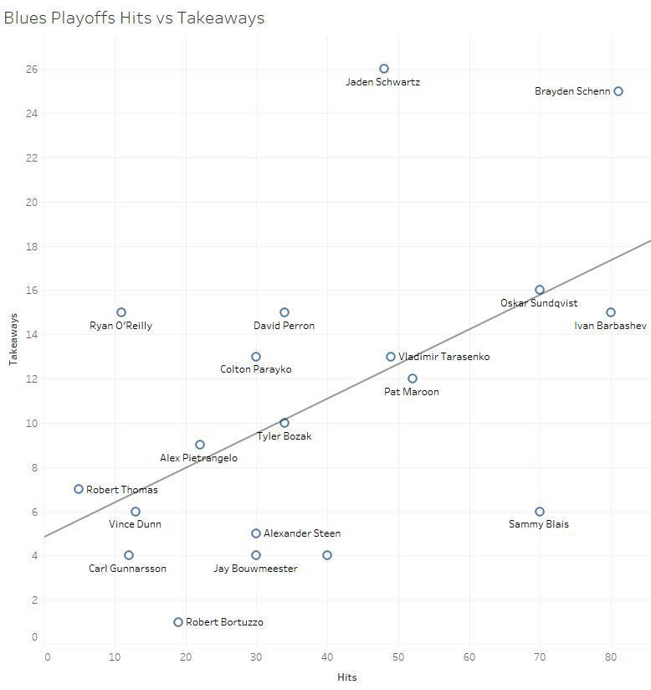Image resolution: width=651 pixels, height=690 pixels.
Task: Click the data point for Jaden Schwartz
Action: tap(384, 69)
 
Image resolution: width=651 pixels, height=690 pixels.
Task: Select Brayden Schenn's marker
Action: tap(618, 91)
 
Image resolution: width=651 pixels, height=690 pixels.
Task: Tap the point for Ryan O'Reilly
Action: tap(121, 312)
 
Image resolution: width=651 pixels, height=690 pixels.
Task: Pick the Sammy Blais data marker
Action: tap(540, 512)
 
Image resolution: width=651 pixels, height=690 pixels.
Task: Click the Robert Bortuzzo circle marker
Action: tap(178, 622)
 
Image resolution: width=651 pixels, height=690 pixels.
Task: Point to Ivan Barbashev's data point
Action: tap(611, 312)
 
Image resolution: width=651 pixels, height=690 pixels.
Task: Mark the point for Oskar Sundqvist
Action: tap(540, 290)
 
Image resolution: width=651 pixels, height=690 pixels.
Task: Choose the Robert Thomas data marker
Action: tap(79, 489)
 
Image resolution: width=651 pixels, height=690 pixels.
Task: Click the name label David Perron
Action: tap(284, 326)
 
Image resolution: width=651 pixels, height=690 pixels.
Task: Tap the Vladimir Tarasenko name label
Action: tap(444, 357)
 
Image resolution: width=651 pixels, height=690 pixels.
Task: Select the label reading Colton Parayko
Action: tap(256, 369)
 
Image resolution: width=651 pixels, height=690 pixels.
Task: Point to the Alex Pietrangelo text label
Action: tap(199, 458)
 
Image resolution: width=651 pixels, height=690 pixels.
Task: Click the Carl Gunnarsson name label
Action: tap(128, 569)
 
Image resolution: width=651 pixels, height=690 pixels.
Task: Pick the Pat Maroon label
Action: tap(412, 392)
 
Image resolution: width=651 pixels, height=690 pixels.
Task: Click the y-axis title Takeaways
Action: tap(13, 340)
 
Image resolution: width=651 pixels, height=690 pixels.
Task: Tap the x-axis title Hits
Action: tap(346, 677)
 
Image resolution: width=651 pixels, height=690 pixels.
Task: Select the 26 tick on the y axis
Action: tap(32, 69)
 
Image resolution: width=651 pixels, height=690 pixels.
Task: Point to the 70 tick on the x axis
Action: tap(540, 657)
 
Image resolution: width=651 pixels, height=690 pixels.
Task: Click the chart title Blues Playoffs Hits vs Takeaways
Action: tap(134, 18)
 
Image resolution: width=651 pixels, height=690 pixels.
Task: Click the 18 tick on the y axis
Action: tap(32, 246)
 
